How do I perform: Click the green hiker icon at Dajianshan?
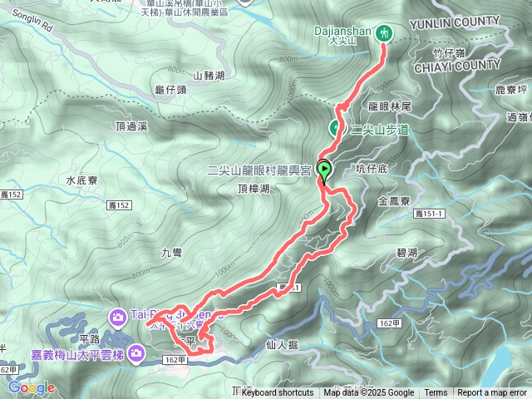(x=384, y=32)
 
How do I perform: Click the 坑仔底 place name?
(x=372, y=169)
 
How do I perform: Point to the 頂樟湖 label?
(x=253, y=190)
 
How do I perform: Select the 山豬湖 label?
(x=209, y=76)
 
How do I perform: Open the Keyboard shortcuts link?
(x=278, y=393)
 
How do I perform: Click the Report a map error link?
(x=491, y=393)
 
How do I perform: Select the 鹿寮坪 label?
(x=511, y=88)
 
